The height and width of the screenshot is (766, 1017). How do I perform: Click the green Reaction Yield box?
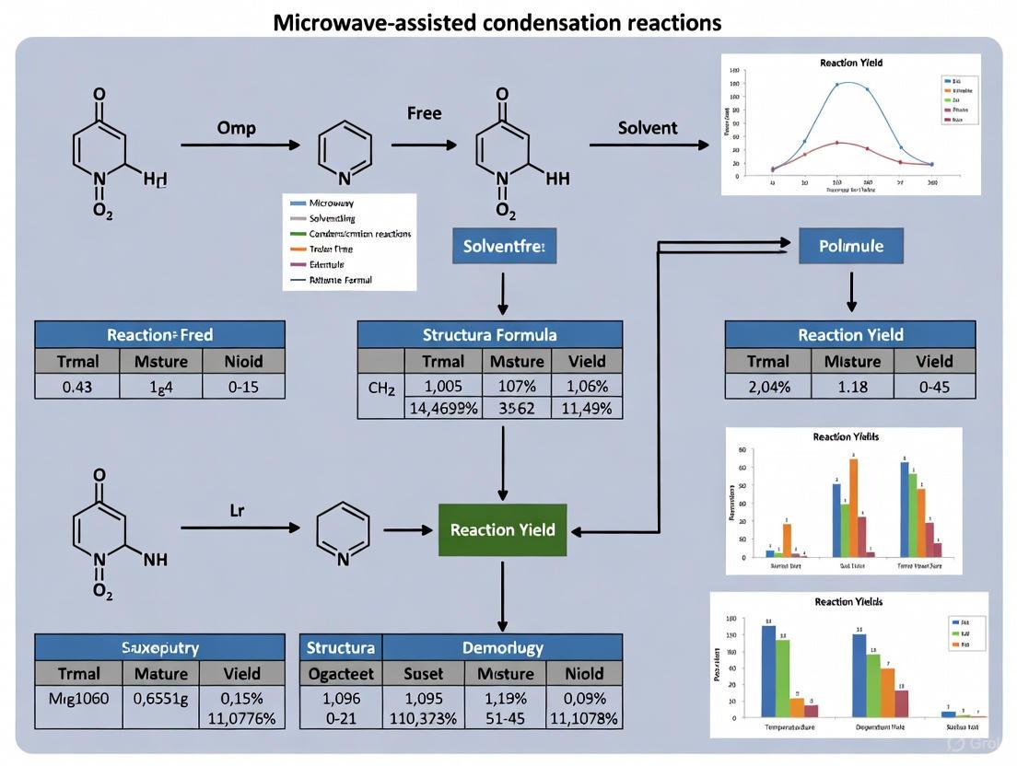[502, 530]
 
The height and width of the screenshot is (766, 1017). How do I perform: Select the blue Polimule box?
[851, 247]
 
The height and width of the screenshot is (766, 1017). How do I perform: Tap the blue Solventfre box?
[504, 247]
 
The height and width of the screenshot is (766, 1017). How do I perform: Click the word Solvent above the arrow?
[648, 128]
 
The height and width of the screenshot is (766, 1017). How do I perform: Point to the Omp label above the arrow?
[237, 128]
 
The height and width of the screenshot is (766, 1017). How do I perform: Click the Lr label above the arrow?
[237, 510]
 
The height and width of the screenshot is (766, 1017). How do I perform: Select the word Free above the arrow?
[424, 113]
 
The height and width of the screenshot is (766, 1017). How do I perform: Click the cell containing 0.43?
[77, 387]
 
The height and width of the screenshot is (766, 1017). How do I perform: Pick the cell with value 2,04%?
[767, 387]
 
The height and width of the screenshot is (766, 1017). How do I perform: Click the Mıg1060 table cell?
[77, 699]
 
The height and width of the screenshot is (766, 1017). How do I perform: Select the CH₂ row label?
[380, 387]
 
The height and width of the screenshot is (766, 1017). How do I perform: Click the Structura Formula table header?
[489, 334]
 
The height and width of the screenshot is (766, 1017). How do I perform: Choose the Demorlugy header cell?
[502, 647]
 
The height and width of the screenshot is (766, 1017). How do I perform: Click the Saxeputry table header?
[159, 647]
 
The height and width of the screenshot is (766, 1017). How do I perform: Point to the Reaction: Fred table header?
[159, 334]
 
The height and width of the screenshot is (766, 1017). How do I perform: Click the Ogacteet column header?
[341, 673]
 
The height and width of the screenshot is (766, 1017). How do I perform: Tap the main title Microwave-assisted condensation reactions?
[497, 22]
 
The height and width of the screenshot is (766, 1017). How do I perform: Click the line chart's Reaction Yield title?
[850, 63]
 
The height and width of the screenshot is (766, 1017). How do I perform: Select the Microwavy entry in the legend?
[332, 203]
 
